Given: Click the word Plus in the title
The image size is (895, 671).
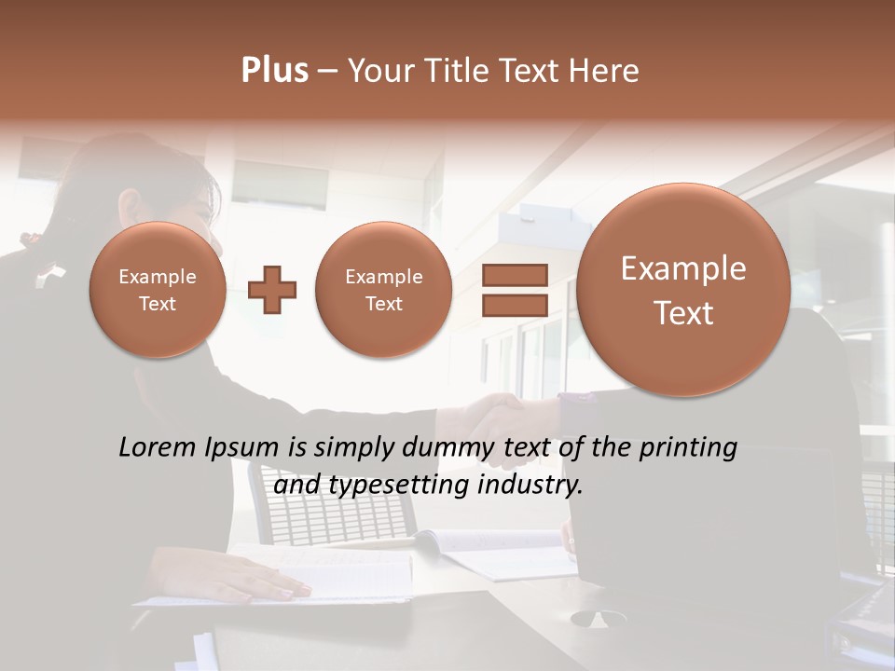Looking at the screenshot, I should pos(274,71).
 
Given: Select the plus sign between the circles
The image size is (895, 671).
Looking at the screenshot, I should pos(273,289).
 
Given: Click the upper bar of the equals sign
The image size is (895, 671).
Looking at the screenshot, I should pos(514,275).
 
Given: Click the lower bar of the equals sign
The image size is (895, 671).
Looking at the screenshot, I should pos(514,305).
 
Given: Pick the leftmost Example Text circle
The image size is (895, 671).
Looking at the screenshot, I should pos(157,290).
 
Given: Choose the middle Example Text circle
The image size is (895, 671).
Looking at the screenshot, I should pos(383,290).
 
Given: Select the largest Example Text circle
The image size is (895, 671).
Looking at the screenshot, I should pos(683,290).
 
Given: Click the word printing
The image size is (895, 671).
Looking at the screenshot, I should pos(687,448).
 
